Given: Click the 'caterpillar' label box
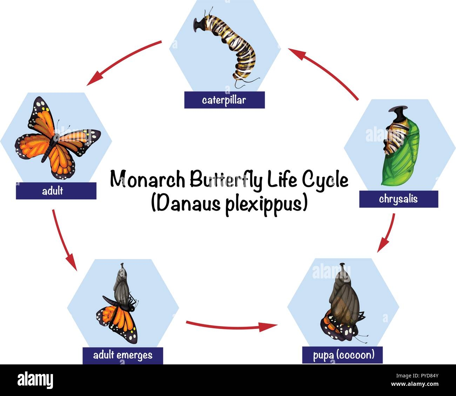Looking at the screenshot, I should (x=224, y=100).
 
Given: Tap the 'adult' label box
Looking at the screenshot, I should (x=56, y=191).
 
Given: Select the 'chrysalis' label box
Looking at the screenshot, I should (x=398, y=199).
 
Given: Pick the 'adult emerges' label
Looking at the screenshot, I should (x=123, y=355).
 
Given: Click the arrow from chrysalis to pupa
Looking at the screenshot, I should (x=388, y=233).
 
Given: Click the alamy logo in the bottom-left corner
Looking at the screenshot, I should (x=35, y=380).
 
